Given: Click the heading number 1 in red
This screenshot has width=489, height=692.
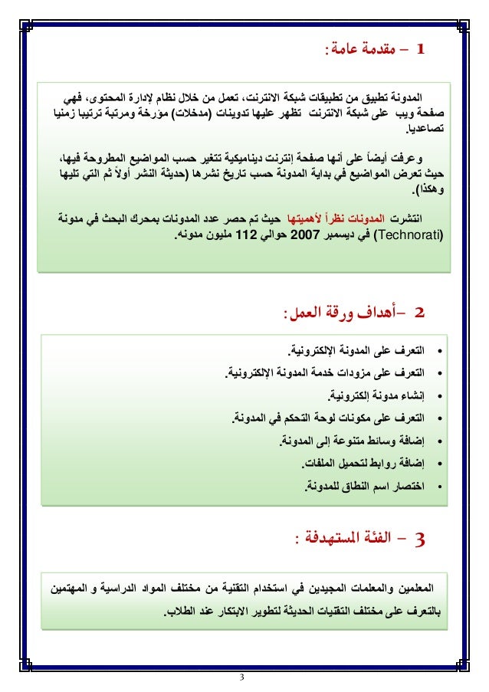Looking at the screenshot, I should (x=418, y=51).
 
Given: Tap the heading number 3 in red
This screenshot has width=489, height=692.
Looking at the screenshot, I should (x=418, y=538).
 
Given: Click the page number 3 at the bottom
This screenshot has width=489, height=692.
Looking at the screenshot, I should (x=243, y=676).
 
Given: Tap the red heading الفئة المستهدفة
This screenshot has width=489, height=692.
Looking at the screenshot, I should (x=349, y=539).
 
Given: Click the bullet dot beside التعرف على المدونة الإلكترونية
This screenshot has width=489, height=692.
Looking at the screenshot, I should (x=439, y=351).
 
